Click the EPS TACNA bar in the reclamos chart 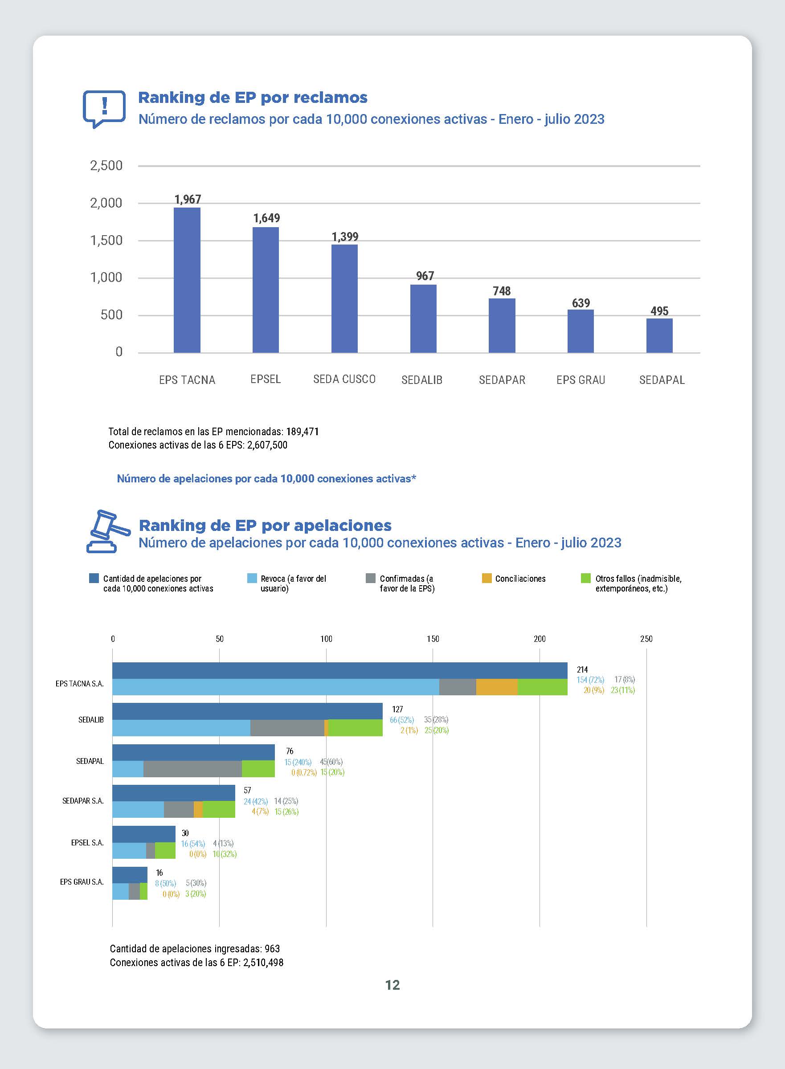187,280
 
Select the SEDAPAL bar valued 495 659,335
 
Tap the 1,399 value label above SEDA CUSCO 345,237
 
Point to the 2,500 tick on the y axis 106,166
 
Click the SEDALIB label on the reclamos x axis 422,380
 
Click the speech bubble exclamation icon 104,109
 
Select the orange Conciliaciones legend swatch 487,578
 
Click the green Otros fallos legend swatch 585,578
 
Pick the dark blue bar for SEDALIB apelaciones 247,711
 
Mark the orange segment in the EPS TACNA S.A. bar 497,687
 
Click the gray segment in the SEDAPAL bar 192,769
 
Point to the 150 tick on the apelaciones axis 433,639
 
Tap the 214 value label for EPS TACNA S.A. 582,669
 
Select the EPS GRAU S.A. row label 82,882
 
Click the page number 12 392,985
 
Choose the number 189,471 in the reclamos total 302,432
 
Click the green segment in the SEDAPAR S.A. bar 219,809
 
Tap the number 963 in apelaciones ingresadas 272,949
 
